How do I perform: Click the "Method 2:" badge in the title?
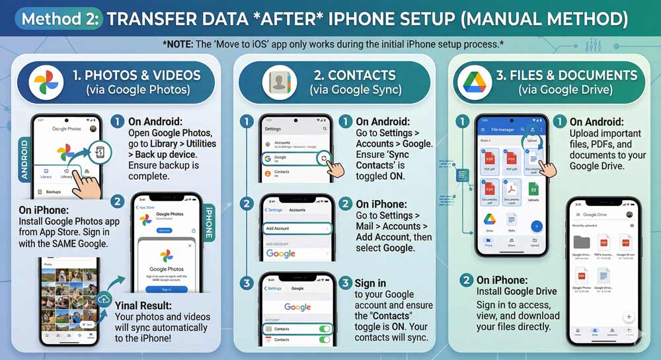[x=59, y=18]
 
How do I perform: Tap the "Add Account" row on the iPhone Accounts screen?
[x=296, y=229]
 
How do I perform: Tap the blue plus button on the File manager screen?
[x=536, y=226]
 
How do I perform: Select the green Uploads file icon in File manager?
[x=533, y=190]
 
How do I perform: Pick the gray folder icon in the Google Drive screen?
[x=582, y=242]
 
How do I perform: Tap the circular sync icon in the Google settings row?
[x=324, y=158]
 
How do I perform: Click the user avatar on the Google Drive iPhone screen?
[x=629, y=215]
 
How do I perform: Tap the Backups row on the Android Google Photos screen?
[x=53, y=192]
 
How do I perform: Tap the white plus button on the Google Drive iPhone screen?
[x=629, y=317]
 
